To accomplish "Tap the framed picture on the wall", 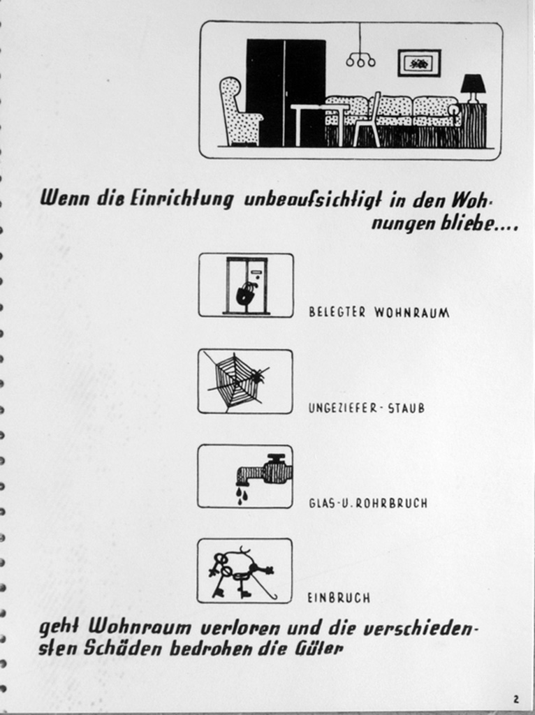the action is pos(419,63).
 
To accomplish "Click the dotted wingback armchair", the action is pos(240,111).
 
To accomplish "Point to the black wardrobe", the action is pos(286,93).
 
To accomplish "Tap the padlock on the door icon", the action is pos(246,294).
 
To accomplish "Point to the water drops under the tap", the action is pos(241,495).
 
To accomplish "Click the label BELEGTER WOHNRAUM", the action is pos(379,312).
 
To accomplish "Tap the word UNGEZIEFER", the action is pos(342,408).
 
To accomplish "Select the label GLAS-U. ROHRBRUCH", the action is pos(368,503).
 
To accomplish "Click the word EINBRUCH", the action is pos(339,598).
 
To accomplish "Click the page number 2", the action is pos(516,699).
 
